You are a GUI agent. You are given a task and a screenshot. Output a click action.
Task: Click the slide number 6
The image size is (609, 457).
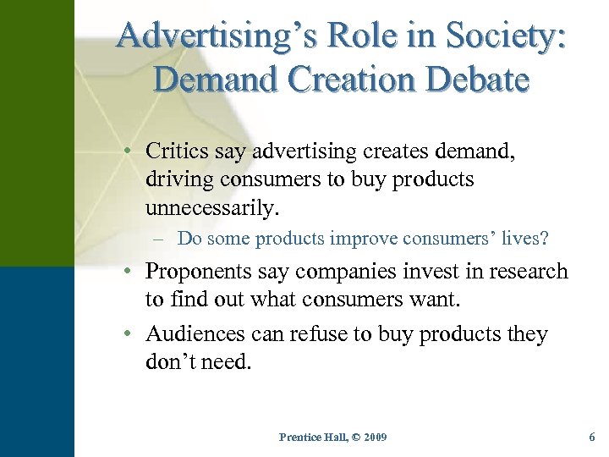click(x=592, y=437)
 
